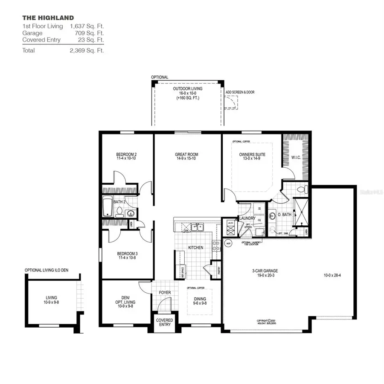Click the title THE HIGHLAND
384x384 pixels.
pyautogui.click(x=48, y=18)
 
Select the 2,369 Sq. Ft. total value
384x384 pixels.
pyautogui.click(x=87, y=50)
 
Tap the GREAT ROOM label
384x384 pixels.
pyautogui.click(x=186, y=154)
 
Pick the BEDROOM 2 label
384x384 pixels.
pyautogui.click(x=126, y=154)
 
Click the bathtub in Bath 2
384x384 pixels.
pyautogui.click(x=107, y=207)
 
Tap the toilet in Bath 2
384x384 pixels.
pyautogui.click(x=120, y=211)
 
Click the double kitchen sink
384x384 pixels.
pyautogui.click(x=197, y=227)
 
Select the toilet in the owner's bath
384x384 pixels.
pyautogui.click(x=300, y=188)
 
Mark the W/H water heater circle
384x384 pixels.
pyautogui.click(x=228, y=244)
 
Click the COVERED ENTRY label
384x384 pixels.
pyautogui.click(x=165, y=322)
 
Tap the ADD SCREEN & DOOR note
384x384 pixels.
pyautogui.click(x=240, y=92)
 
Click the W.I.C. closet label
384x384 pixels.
pyautogui.click(x=296, y=157)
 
